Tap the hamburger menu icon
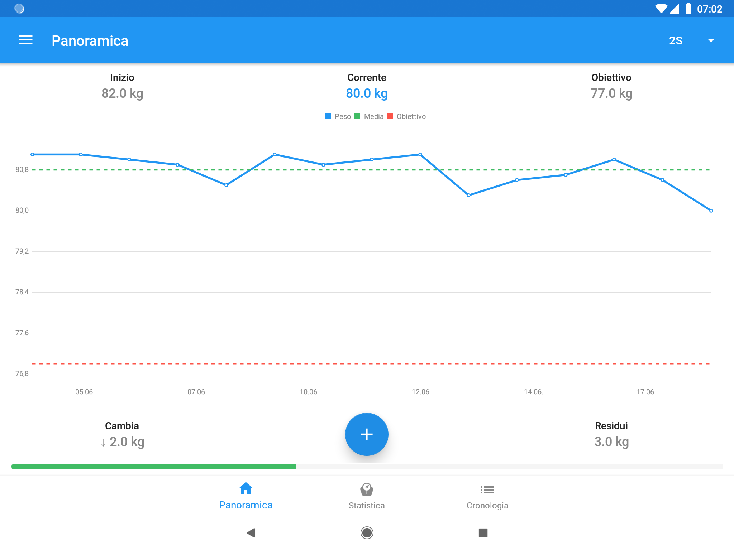(26, 40)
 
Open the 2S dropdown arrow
(711, 40)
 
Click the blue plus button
(367, 434)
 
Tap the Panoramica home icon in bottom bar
(246, 489)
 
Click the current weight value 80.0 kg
(367, 93)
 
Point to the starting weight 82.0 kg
(122, 93)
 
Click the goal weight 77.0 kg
(611, 93)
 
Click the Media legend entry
(369, 116)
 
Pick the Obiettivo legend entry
(407, 116)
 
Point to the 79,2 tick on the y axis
(22, 251)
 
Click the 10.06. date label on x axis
(309, 392)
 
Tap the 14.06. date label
(533, 392)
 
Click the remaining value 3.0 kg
(611, 442)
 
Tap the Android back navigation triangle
(251, 533)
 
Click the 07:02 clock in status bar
(709, 9)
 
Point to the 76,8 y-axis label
(22, 374)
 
